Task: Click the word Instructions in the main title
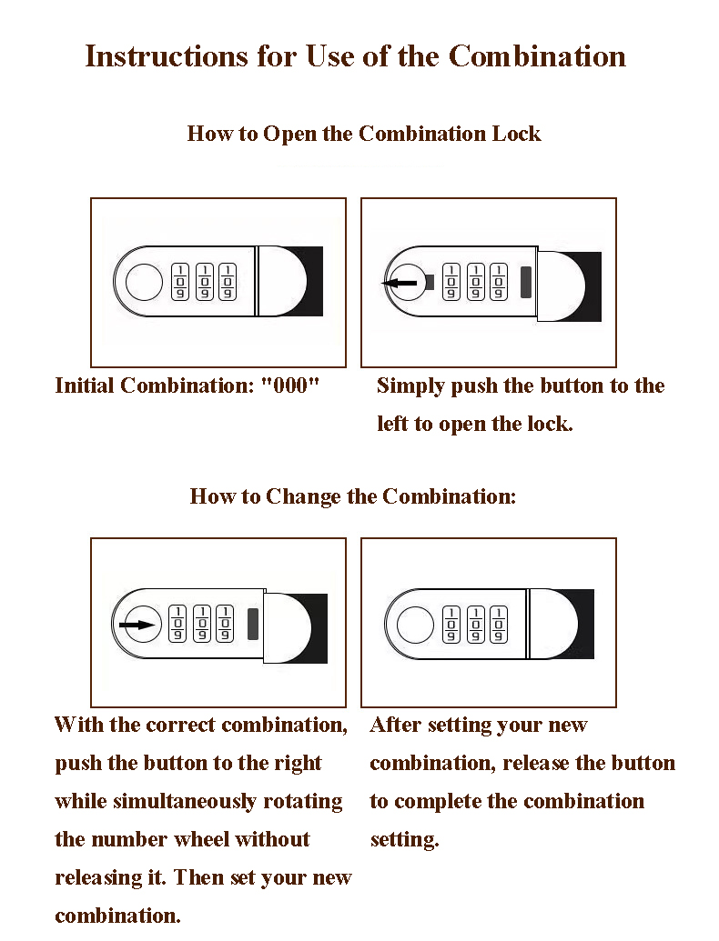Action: coord(167,56)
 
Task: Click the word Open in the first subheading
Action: coord(289,134)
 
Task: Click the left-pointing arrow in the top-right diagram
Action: coord(400,283)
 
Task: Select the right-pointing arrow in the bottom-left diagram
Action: coord(137,625)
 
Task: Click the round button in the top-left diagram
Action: coord(144,282)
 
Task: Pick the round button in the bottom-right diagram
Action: coord(416,624)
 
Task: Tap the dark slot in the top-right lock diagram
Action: coord(526,282)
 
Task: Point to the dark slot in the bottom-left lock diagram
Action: coord(253,624)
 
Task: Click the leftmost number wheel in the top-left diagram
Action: coord(180,282)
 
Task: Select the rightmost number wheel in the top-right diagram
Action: coord(498,282)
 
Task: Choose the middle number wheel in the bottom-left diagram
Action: coord(202,624)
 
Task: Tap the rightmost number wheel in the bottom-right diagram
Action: coord(498,624)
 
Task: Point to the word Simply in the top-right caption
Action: coord(410,386)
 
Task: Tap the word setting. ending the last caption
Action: coord(405,839)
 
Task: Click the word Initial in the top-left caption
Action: coord(84,385)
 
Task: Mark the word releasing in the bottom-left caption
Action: coord(98,878)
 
